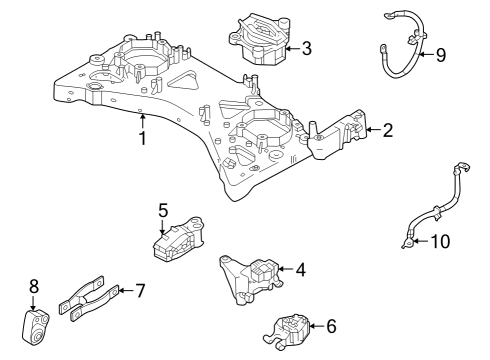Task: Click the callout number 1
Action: (143, 139)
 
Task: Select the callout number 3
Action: (306, 47)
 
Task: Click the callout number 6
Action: (332, 325)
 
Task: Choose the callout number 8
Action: (33, 286)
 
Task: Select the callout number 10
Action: (441, 241)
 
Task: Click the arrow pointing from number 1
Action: (143, 122)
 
